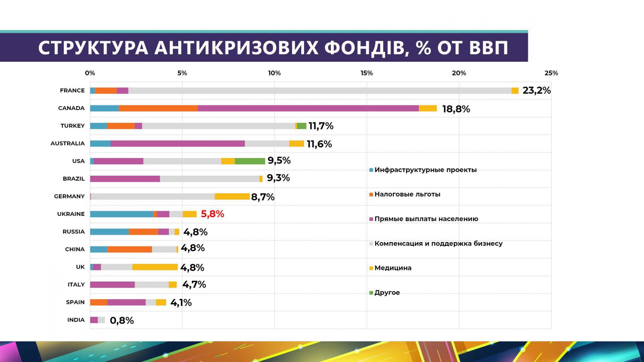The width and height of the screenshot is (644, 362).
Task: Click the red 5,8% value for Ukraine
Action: point(212,214)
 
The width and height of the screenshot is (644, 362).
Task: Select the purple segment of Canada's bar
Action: point(308,108)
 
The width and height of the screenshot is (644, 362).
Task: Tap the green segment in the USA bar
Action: point(250,161)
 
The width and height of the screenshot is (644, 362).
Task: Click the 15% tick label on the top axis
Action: point(367,73)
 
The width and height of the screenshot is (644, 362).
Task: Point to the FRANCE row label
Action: point(72,90)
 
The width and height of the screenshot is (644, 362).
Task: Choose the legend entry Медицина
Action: point(393,268)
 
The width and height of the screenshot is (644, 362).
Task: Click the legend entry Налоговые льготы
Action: point(407,194)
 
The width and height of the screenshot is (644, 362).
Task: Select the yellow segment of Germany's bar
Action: point(232,197)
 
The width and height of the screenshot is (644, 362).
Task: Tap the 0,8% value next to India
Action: point(122,320)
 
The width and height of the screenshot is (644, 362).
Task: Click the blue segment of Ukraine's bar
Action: point(121,214)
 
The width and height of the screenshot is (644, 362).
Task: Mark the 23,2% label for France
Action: point(536,90)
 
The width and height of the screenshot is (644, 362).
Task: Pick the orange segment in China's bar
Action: point(130,249)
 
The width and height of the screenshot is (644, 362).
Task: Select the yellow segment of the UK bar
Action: point(155,267)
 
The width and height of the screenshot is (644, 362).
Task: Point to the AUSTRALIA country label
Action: point(68,144)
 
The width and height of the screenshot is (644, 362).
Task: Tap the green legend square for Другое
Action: point(371,293)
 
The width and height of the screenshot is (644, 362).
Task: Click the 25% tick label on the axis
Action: point(551,73)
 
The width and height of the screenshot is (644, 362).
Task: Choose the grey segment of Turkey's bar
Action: point(218,126)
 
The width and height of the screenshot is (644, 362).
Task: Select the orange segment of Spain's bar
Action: point(99,302)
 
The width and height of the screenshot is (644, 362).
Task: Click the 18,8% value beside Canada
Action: point(456,109)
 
